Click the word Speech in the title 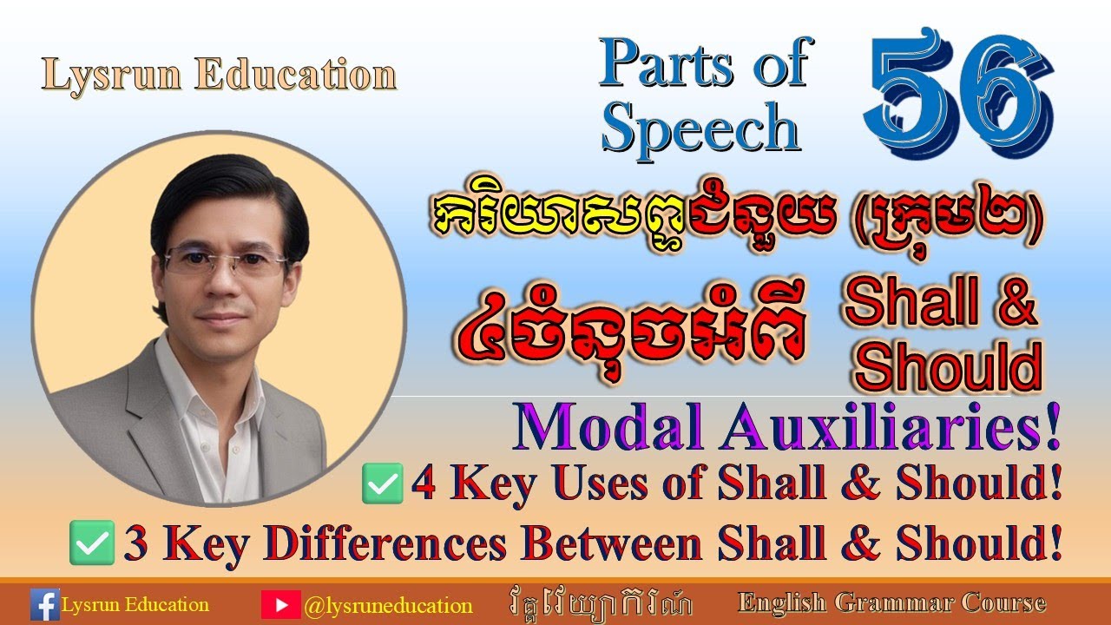[x=700, y=128]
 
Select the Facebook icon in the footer [x=44, y=604]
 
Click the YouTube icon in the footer [x=280, y=604]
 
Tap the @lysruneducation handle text [x=388, y=605]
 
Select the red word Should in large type [x=948, y=367]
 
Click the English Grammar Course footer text [x=891, y=602]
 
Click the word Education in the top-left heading [x=295, y=76]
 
